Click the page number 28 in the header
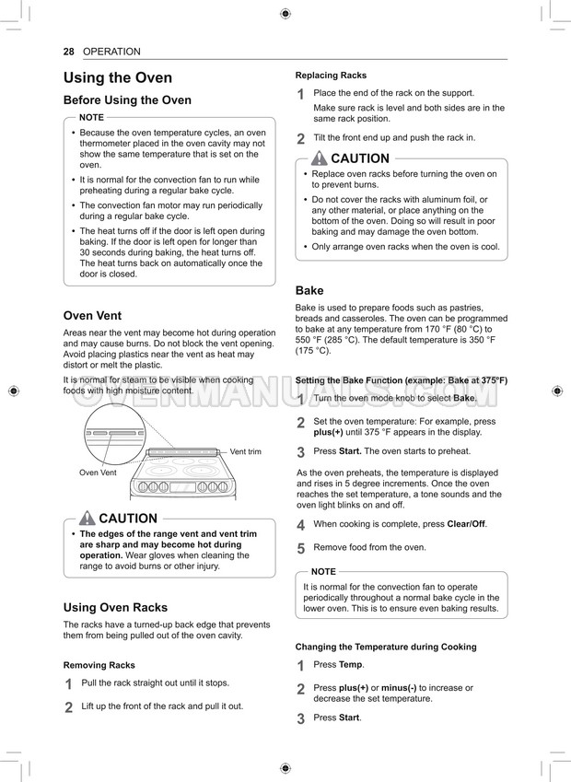(68, 52)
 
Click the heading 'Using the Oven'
(117, 78)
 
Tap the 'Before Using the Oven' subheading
(127, 100)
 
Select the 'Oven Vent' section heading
(92, 316)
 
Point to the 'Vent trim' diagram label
(245, 451)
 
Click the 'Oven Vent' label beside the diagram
(98, 473)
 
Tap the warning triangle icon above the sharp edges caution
(87, 518)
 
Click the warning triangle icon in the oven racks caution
(320, 158)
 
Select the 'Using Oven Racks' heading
(115, 607)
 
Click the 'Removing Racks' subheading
(99, 665)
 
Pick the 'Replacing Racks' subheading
(331, 76)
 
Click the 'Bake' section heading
(309, 290)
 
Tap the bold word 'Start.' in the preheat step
(350, 451)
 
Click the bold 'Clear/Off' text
(465, 524)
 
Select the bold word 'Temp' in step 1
(351, 664)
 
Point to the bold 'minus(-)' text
(399, 687)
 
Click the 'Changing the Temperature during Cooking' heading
(386, 647)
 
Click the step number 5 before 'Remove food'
(300, 548)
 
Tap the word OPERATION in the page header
(111, 52)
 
